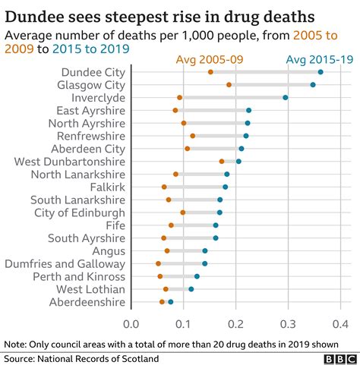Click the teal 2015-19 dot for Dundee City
[320, 72]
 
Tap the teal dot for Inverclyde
[285, 97]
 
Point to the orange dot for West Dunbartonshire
[222, 161]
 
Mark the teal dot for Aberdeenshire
[171, 302]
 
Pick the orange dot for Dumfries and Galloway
[158, 263]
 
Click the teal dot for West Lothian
[191, 289]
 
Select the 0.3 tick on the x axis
[287, 325]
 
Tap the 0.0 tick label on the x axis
[131, 325]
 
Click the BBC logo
[338, 357]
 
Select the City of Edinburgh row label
[80, 212]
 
